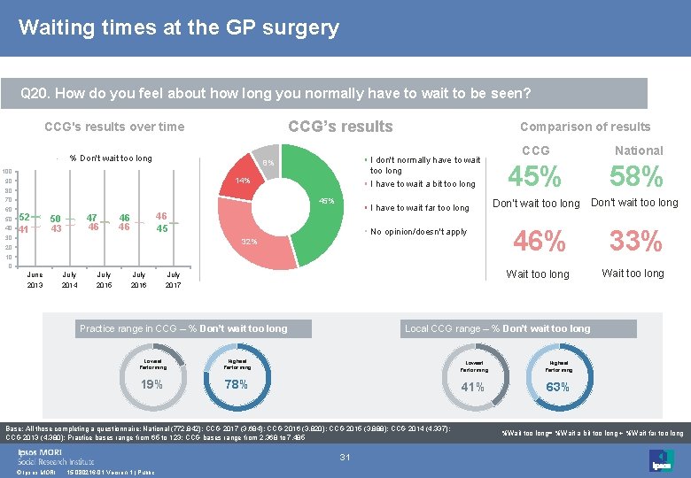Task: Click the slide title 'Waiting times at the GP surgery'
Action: [178, 27]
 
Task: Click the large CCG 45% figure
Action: [535, 178]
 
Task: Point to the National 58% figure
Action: [638, 178]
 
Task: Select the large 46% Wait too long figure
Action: [540, 241]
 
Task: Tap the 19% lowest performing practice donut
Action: [151, 383]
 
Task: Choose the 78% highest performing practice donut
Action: [237, 383]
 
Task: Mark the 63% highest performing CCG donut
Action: [557, 386]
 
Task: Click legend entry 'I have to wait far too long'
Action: [419, 208]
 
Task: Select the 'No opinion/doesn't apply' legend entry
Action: [418, 232]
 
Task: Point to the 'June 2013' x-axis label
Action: [35, 280]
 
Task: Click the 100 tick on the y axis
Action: [7, 171]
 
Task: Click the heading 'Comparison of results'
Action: [585, 127]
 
